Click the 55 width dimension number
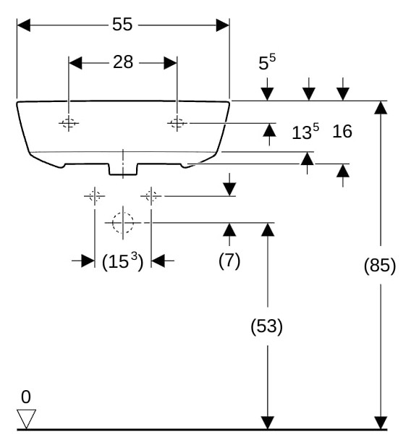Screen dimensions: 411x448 pyautogui.click(x=122, y=25)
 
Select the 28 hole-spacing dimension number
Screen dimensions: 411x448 pyautogui.click(x=123, y=62)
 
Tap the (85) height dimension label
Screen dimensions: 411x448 pyautogui.click(x=380, y=265)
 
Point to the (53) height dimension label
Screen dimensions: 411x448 pyautogui.click(x=267, y=326)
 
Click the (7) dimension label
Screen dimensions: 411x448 pyautogui.click(x=229, y=261)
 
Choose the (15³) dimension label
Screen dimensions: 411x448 pyautogui.click(x=122, y=261)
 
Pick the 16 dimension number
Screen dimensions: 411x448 pyautogui.click(x=342, y=132)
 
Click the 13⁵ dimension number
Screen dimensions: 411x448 pyautogui.click(x=305, y=132)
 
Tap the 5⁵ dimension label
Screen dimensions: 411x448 pyautogui.click(x=267, y=62)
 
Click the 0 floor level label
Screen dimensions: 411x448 pyautogui.click(x=26, y=397)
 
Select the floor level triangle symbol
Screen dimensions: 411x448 pyautogui.click(x=26, y=419)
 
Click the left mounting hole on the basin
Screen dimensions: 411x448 pyautogui.click(x=69, y=123)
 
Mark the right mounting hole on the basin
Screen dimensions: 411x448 pyautogui.click(x=177, y=123)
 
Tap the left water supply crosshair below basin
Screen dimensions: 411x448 pyautogui.click(x=95, y=196)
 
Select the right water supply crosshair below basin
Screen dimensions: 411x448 pyautogui.click(x=151, y=196)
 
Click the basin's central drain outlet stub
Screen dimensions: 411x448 pyautogui.click(x=123, y=169)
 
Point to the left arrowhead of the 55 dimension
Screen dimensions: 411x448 pyautogui.click(x=24, y=25)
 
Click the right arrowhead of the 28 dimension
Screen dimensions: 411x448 pyautogui.click(x=171, y=63)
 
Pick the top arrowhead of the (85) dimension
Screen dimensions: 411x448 pyautogui.click(x=381, y=108)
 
